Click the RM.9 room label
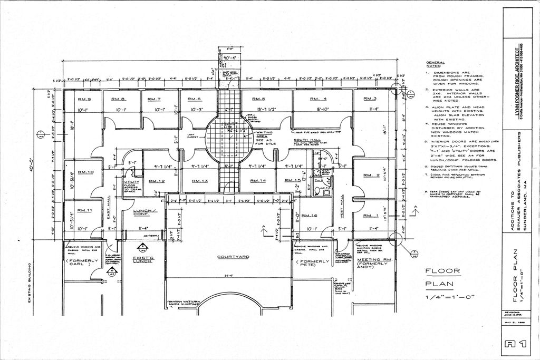[x=84, y=99]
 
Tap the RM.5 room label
[x=258, y=99]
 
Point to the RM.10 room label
[x=86, y=172]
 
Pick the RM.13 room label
[x=200, y=181]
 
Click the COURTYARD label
[x=232, y=257]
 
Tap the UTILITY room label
[x=131, y=181]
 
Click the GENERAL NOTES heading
[x=436, y=64]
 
